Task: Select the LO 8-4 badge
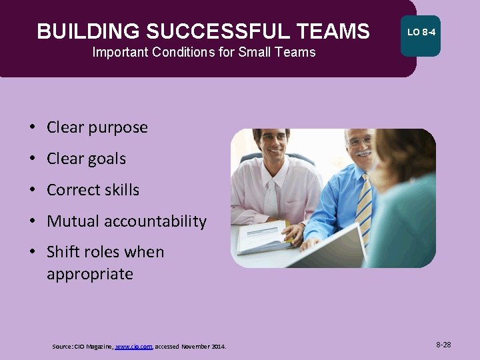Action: (x=421, y=32)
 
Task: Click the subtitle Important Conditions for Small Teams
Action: (x=203, y=52)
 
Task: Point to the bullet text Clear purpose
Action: (x=97, y=127)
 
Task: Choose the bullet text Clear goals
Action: (x=86, y=159)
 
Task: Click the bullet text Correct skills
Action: (x=93, y=190)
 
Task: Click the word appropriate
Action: (x=89, y=274)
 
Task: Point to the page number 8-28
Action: (x=443, y=345)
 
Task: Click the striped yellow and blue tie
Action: (x=364, y=207)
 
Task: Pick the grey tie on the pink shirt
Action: (x=271, y=200)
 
